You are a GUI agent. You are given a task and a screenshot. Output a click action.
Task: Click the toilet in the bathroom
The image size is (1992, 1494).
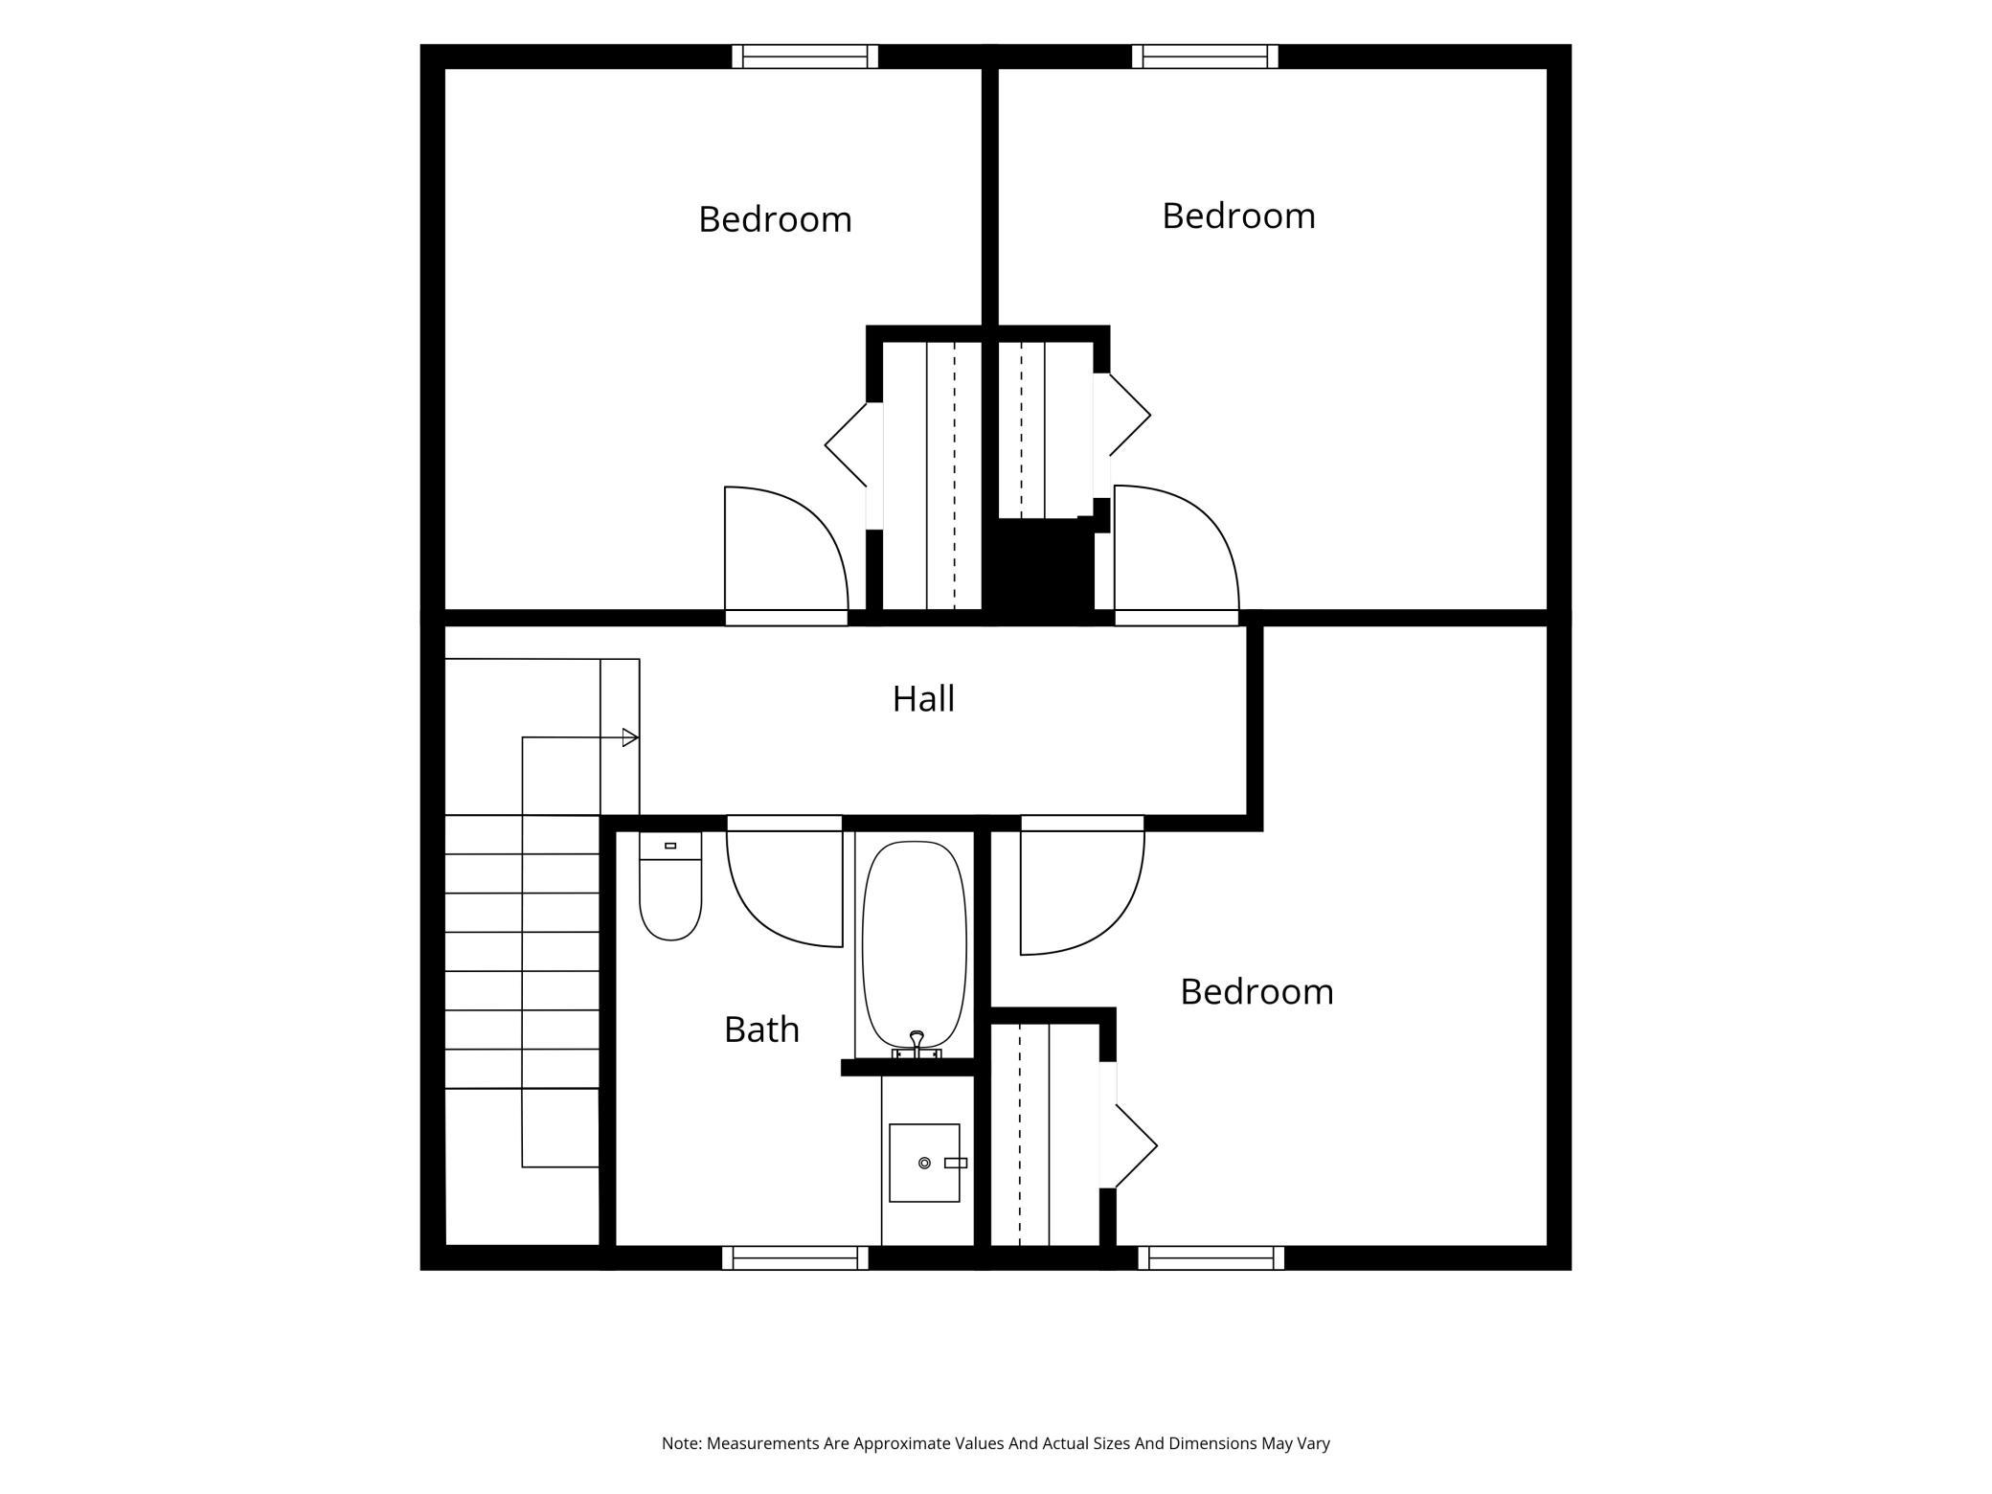pyautogui.click(x=670, y=886)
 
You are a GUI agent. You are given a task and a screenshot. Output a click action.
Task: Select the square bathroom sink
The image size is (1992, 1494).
pyautogui.click(x=924, y=1163)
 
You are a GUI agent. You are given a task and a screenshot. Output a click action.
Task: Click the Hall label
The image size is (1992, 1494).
pyautogui.click(x=923, y=699)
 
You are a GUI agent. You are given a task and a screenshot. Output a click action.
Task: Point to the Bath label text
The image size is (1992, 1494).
pyautogui.click(x=761, y=1030)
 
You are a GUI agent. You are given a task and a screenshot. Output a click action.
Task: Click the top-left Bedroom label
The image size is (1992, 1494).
pyautogui.click(x=775, y=219)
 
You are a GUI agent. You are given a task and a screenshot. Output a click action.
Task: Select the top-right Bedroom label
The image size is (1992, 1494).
pyautogui.click(x=1238, y=215)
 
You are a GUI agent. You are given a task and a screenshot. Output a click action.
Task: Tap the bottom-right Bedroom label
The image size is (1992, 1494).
pyautogui.click(x=1256, y=991)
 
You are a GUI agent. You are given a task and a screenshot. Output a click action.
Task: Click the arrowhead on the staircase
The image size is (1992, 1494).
pyautogui.click(x=630, y=737)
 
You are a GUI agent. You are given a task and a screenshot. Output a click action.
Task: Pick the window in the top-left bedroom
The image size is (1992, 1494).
pyautogui.click(x=805, y=57)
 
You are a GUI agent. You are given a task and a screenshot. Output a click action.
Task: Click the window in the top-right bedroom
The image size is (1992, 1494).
pyautogui.click(x=1205, y=57)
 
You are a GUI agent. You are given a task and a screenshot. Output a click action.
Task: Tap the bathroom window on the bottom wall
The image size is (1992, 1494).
pyautogui.click(x=795, y=1258)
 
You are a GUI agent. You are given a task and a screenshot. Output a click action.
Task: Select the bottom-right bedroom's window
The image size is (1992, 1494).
pyautogui.click(x=1211, y=1258)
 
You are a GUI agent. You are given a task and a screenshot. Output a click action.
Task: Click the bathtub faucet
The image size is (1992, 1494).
pyautogui.click(x=917, y=1045)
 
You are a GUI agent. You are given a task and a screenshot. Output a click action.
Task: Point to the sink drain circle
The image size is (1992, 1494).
pyautogui.click(x=924, y=1163)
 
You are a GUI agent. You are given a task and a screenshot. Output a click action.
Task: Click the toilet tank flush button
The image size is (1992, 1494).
pyautogui.click(x=670, y=846)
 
